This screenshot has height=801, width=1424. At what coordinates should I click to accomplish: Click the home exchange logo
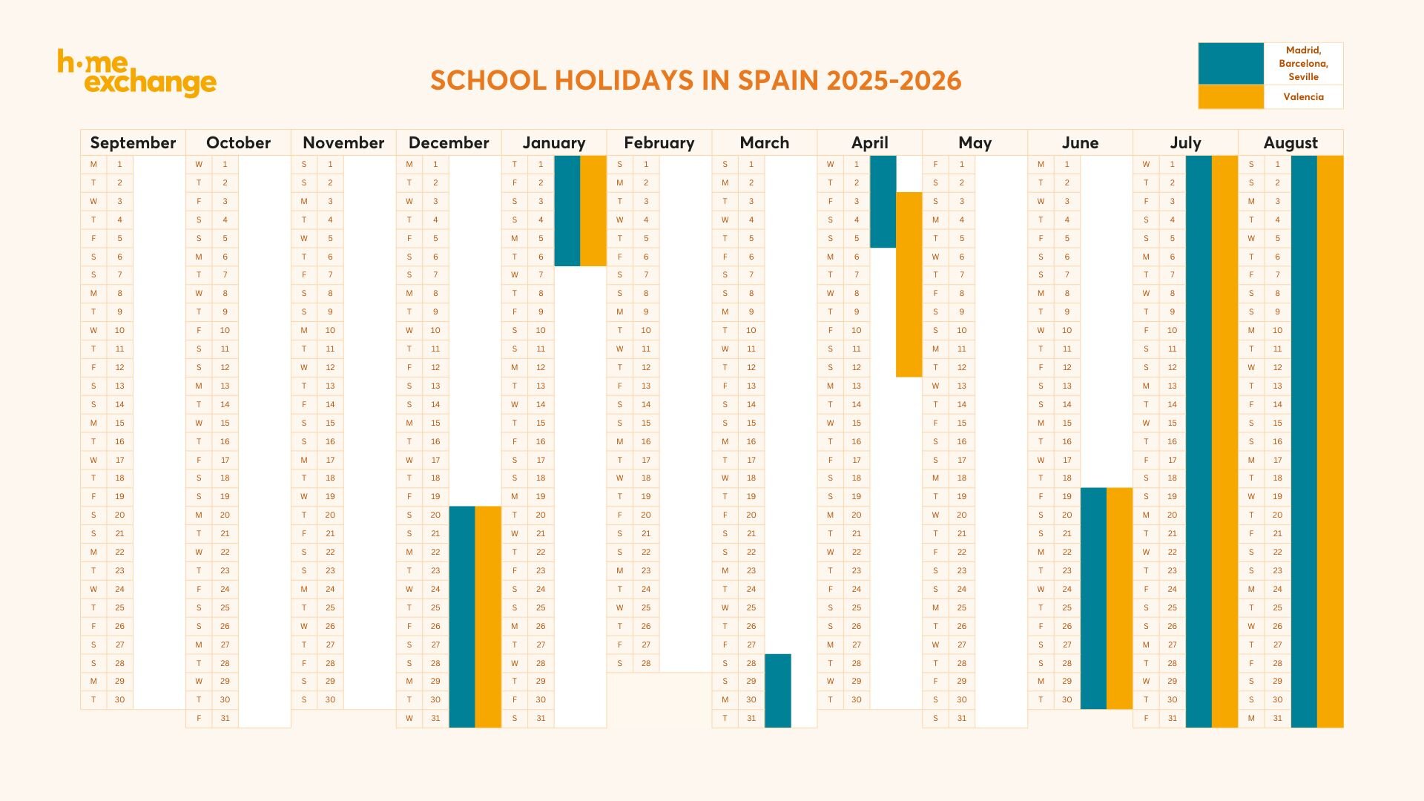point(136,73)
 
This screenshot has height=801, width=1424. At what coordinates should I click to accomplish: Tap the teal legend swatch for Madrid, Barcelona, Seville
point(1230,64)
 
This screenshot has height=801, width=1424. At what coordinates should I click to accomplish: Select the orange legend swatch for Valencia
point(1230,97)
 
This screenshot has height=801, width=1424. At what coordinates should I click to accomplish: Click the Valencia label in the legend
point(1303,97)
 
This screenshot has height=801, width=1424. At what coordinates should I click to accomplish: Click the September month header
point(133,142)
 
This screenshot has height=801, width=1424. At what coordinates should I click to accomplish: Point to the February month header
point(659,142)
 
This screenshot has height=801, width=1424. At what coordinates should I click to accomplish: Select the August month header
point(1290,142)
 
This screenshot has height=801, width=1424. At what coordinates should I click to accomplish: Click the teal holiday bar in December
point(462,616)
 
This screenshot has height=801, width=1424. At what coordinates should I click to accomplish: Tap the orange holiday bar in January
point(593,211)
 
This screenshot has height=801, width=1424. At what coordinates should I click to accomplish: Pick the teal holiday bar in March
point(777,690)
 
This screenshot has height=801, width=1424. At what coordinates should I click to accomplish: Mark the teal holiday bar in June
point(1093,598)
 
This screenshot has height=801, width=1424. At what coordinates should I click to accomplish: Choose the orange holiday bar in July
point(1224,441)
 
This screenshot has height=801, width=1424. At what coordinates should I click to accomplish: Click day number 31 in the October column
point(225,718)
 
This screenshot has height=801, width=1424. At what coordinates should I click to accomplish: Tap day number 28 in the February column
point(646,663)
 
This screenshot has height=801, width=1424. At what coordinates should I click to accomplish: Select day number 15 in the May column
point(961,423)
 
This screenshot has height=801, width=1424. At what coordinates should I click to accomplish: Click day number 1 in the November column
point(330,164)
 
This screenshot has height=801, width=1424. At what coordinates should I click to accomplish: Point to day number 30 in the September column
point(119,699)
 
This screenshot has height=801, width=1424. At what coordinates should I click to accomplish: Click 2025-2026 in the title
point(894,80)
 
